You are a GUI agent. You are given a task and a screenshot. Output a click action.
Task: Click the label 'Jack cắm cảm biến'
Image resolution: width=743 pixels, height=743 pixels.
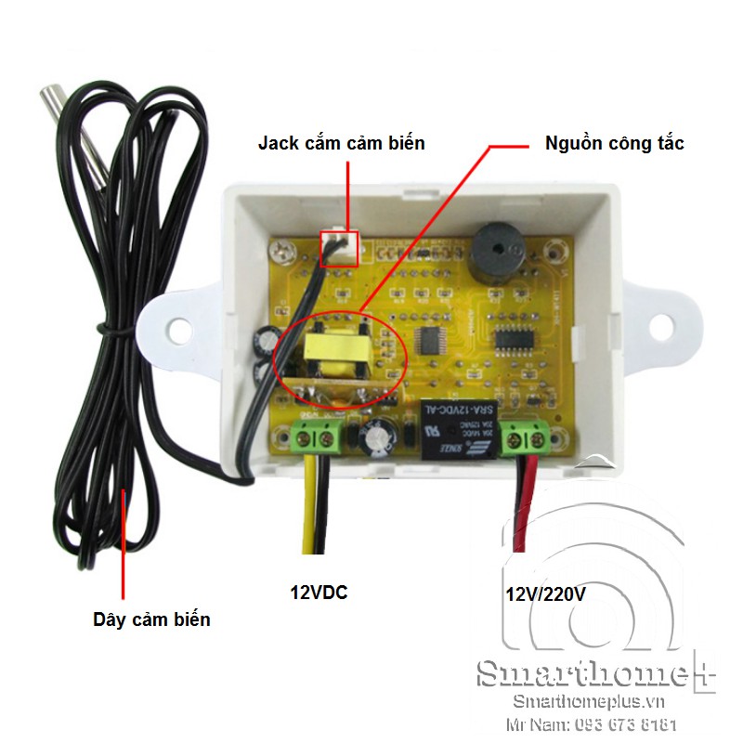[x=341, y=143]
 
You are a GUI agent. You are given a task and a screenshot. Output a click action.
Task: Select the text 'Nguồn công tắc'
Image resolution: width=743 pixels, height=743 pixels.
[x=614, y=143]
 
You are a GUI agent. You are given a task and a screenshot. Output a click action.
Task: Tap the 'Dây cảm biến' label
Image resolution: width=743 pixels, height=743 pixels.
[x=151, y=619]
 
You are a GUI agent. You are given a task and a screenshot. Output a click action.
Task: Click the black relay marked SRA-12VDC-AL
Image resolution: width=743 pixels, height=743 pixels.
[x=454, y=430]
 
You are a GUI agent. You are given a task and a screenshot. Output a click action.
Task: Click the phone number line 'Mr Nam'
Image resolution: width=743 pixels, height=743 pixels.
[x=590, y=724]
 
